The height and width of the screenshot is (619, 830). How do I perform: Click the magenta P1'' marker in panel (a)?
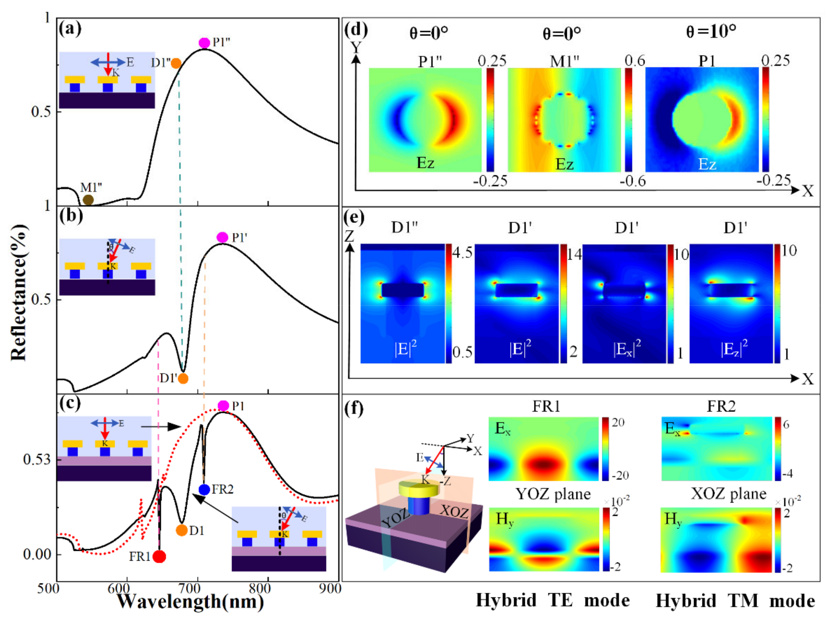pos(204,43)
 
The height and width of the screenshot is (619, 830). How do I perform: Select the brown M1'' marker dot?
pos(88,200)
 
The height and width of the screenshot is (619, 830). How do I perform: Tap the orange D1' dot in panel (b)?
pos(183,379)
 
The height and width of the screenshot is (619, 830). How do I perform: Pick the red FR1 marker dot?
pos(160,556)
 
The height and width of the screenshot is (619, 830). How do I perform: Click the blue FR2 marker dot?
pos(204,489)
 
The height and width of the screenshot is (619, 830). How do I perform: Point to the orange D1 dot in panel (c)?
pos(182,530)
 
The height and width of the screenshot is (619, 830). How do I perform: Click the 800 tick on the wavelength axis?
pos(260,589)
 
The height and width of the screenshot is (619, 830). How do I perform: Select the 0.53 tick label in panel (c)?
pos(37,459)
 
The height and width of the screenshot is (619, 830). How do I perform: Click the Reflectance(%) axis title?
pos(19,293)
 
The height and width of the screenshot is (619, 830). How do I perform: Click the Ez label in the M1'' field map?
pos(564,164)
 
